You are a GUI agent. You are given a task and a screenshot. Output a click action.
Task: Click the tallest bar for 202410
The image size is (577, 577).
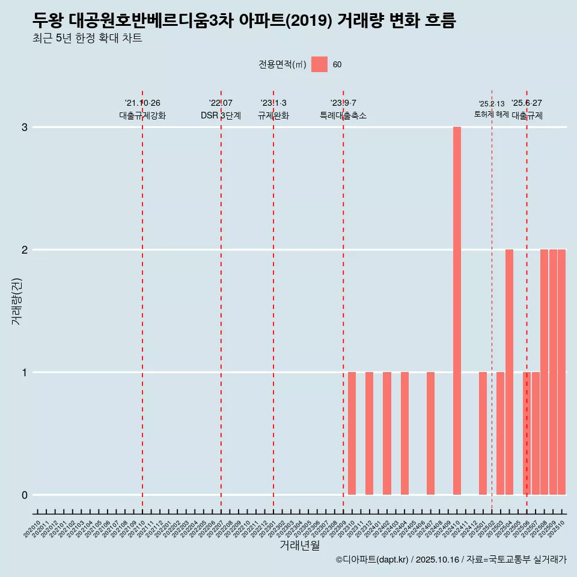click(457, 311)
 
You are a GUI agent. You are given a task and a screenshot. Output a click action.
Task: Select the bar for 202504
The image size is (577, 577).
click(509, 372)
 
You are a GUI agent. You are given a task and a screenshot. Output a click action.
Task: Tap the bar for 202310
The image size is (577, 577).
click(352, 433)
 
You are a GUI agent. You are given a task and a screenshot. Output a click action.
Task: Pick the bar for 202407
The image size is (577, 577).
click(430, 433)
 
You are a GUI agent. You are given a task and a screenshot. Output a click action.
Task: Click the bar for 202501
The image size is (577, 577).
click(483, 433)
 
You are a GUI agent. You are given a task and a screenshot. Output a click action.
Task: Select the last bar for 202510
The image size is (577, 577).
click(561, 372)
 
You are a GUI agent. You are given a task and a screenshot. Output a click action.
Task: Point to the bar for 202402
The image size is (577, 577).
click(387, 433)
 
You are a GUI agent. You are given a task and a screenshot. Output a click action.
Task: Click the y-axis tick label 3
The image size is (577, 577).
click(25, 127)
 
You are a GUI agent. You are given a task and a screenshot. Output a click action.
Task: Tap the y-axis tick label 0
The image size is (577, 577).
click(25, 495)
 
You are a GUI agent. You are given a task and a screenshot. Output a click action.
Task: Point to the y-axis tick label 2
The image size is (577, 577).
click(25, 250)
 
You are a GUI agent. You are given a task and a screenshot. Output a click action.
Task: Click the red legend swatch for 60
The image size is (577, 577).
click(319, 64)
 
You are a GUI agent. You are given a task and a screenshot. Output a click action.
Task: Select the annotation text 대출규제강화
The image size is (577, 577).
click(142, 115)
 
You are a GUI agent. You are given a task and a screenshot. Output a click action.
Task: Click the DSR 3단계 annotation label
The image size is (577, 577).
click(221, 115)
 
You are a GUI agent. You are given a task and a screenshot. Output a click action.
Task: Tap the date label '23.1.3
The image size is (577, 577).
click(273, 103)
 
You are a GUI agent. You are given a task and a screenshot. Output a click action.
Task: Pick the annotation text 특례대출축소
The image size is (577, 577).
click(343, 115)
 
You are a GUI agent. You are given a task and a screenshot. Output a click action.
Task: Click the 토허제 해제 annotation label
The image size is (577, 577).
click(491, 114)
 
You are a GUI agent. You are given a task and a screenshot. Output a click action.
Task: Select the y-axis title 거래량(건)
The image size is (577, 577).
click(16, 301)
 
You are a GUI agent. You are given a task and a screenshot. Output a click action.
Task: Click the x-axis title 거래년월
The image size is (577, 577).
click(299, 545)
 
